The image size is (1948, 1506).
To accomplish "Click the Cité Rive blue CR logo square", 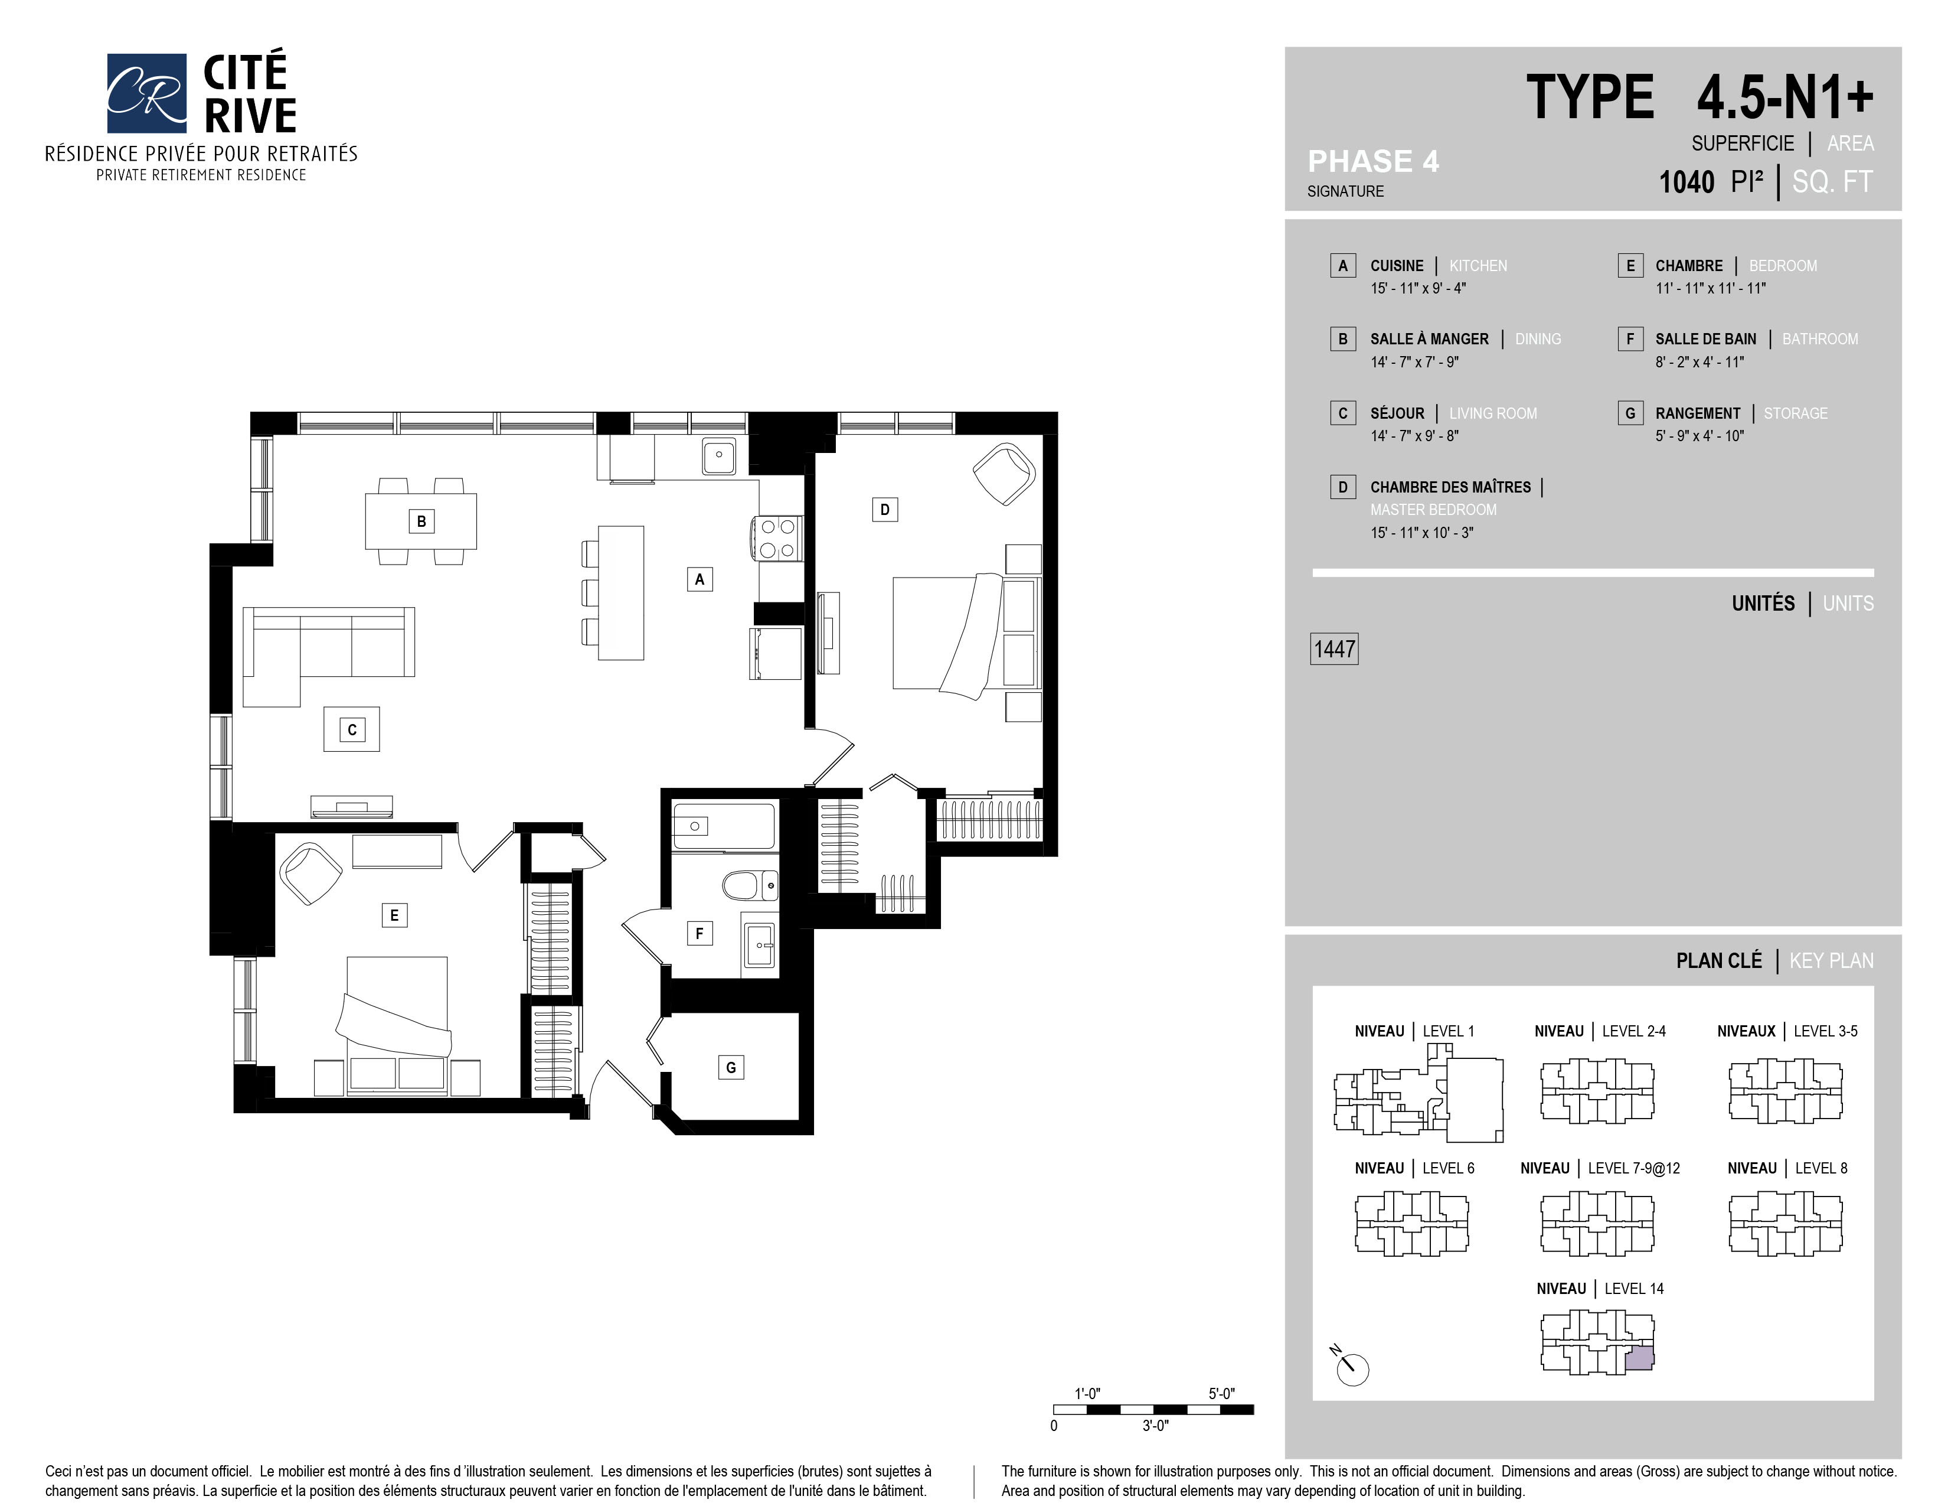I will point(146,93).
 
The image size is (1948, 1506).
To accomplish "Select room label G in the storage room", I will point(731,1067).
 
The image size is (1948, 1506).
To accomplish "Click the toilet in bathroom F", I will point(746,886).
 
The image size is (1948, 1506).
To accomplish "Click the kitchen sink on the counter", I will point(718,456).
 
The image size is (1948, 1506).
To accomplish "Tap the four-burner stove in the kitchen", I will point(777,538).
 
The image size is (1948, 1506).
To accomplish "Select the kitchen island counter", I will point(621,592).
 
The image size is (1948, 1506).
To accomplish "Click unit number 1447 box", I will point(1334,648).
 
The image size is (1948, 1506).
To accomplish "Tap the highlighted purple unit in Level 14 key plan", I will point(1639,1359).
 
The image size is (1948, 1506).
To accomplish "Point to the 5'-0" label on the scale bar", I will point(1221,1394).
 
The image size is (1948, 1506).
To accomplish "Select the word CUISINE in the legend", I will point(1397,266).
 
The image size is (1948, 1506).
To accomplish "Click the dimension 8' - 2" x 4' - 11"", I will point(1699,362).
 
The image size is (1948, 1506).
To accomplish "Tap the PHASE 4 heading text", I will point(1372,161).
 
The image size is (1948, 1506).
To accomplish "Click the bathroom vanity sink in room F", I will point(759,944).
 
